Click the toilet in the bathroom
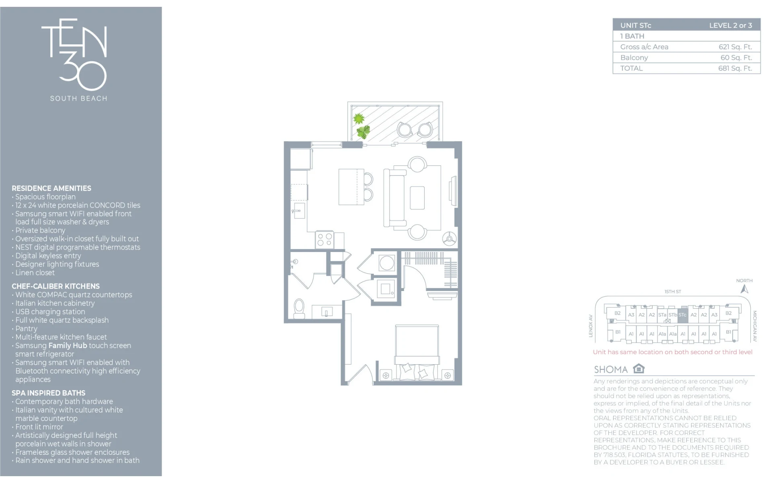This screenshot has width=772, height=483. pos(299,309)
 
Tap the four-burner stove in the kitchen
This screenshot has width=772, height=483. pos(324,239)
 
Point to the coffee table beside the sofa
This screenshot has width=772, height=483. pos(417,198)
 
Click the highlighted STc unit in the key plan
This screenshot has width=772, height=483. pos(682,315)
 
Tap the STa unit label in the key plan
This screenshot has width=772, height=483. pos(662,315)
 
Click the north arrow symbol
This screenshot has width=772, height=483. pos(744,289)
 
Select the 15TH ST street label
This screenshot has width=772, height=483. pos(673,291)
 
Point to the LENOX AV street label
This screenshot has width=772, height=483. pos(591,326)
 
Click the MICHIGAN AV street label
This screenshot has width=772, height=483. pos(755,326)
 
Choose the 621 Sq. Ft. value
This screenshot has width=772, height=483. pos(735,47)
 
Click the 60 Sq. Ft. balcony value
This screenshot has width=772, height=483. pos(736,58)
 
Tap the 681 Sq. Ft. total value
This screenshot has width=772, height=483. pos(735,68)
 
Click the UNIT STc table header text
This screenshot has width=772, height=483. pos(636,25)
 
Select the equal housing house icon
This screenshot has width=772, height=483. pos(639,368)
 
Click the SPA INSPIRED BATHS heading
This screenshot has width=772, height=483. pos(49,393)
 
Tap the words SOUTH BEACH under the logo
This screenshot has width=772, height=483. pos(79,98)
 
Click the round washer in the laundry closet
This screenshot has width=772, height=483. pos(386,263)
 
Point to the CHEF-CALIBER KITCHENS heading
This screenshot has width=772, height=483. pos(55,286)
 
